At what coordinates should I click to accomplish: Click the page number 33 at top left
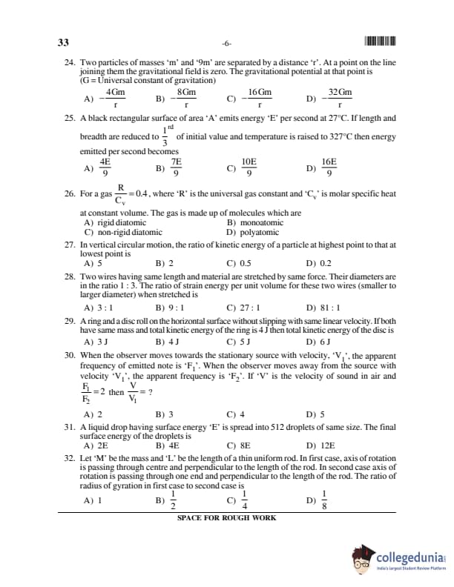[x=64, y=42]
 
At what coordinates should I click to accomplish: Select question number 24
[x=70, y=64]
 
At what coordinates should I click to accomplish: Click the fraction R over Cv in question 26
[x=119, y=193]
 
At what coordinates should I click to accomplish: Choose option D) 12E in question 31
[x=321, y=446]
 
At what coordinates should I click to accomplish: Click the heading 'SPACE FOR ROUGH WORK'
[x=226, y=518]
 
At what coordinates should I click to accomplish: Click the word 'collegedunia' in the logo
[x=409, y=556]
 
